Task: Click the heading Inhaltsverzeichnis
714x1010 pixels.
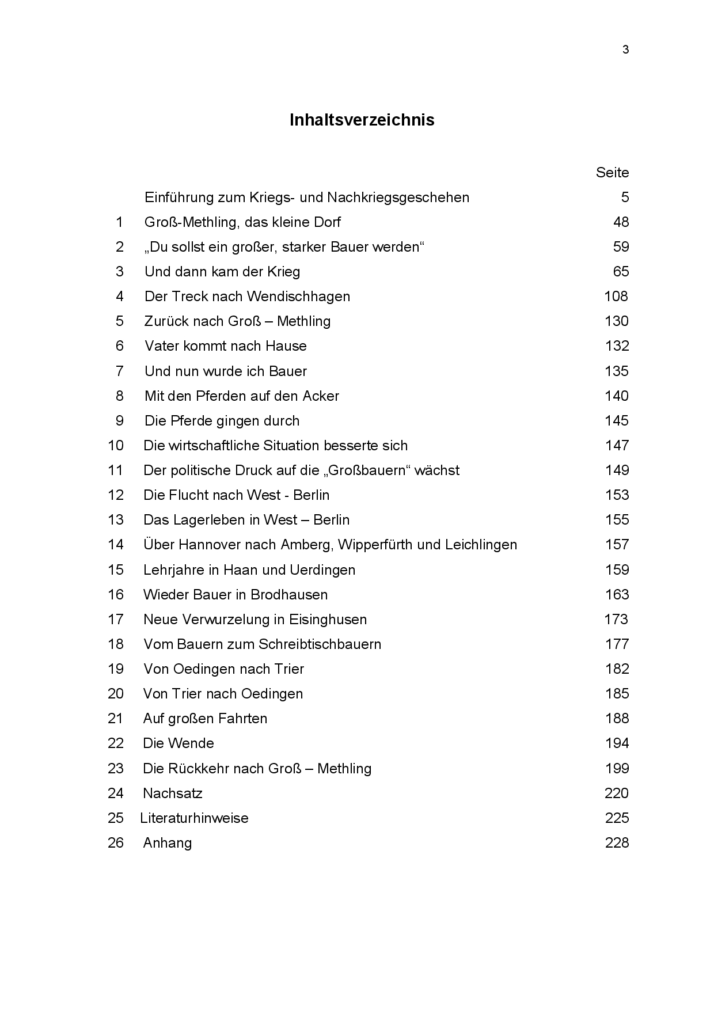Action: coord(362,120)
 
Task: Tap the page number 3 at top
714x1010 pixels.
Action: coord(625,50)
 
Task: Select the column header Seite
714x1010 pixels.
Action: coord(612,173)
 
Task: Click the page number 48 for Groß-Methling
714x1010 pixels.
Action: coord(621,222)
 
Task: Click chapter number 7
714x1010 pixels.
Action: coord(120,371)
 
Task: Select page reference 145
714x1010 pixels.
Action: coord(617,421)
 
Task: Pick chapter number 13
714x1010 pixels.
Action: coord(116,520)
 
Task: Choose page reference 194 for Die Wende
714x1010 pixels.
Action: coord(617,743)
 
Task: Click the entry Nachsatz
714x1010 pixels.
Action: coord(173,793)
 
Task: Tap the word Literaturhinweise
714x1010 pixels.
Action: coord(195,818)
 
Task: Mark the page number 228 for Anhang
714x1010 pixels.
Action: coord(617,843)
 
